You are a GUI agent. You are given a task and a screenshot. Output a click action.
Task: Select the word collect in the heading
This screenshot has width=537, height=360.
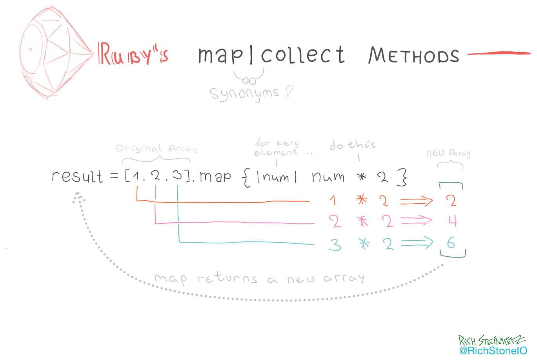[x=303, y=55]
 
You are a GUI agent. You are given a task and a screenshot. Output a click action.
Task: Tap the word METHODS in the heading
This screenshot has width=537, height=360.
[x=413, y=56]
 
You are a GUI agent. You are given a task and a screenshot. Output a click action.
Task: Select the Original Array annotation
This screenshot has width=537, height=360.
[x=157, y=149]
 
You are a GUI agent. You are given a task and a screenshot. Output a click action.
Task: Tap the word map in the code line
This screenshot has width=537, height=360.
[x=215, y=177]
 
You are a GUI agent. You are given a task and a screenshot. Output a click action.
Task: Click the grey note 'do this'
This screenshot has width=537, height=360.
[x=352, y=145]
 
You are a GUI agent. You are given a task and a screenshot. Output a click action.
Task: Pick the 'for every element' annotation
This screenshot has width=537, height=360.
[x=277, y=148]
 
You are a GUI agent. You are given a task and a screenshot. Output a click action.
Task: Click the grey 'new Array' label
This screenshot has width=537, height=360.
[x=448, y=154]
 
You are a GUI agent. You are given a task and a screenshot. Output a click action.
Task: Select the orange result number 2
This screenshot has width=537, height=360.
[x=451, y=201]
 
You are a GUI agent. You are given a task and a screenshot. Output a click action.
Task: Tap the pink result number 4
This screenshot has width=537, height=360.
[x=452, y=221]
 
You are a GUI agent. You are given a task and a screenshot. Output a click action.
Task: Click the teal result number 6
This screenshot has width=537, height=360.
[x=451, y=243]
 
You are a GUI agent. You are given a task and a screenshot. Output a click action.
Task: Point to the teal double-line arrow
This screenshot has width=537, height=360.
[x=417, y=244]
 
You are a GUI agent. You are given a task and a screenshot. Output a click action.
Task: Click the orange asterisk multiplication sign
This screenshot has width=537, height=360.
[x=362, y=201]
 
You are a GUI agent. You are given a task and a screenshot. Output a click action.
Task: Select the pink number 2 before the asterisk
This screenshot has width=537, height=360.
[x=334, y=221]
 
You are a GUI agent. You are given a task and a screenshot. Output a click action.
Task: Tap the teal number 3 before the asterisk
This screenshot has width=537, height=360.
[x=335, y=245]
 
